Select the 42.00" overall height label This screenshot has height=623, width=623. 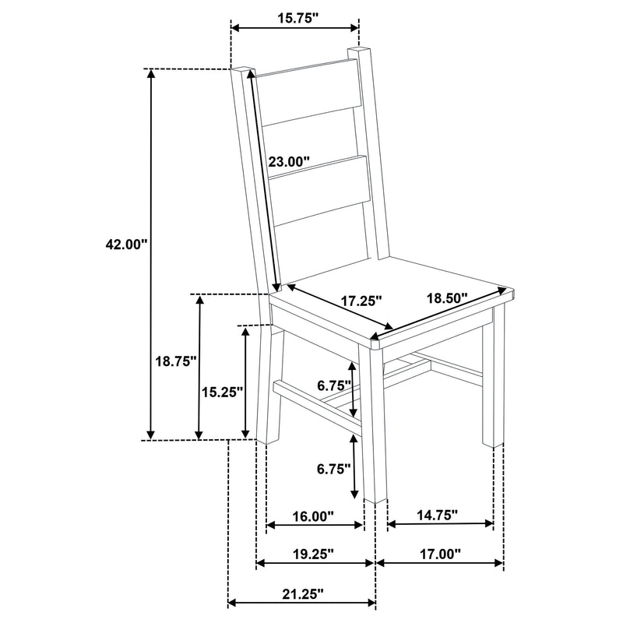pyautogui.click(x=126, y=244)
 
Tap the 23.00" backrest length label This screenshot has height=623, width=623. pyautogui.click(x=289, y=162)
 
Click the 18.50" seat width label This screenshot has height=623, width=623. pyautogui.click(x=446, y=297)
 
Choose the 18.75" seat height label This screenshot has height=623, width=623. pyautogui.click(x=175, y=361)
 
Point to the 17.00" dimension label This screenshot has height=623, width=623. pyautogui.click(x=438, y=554)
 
